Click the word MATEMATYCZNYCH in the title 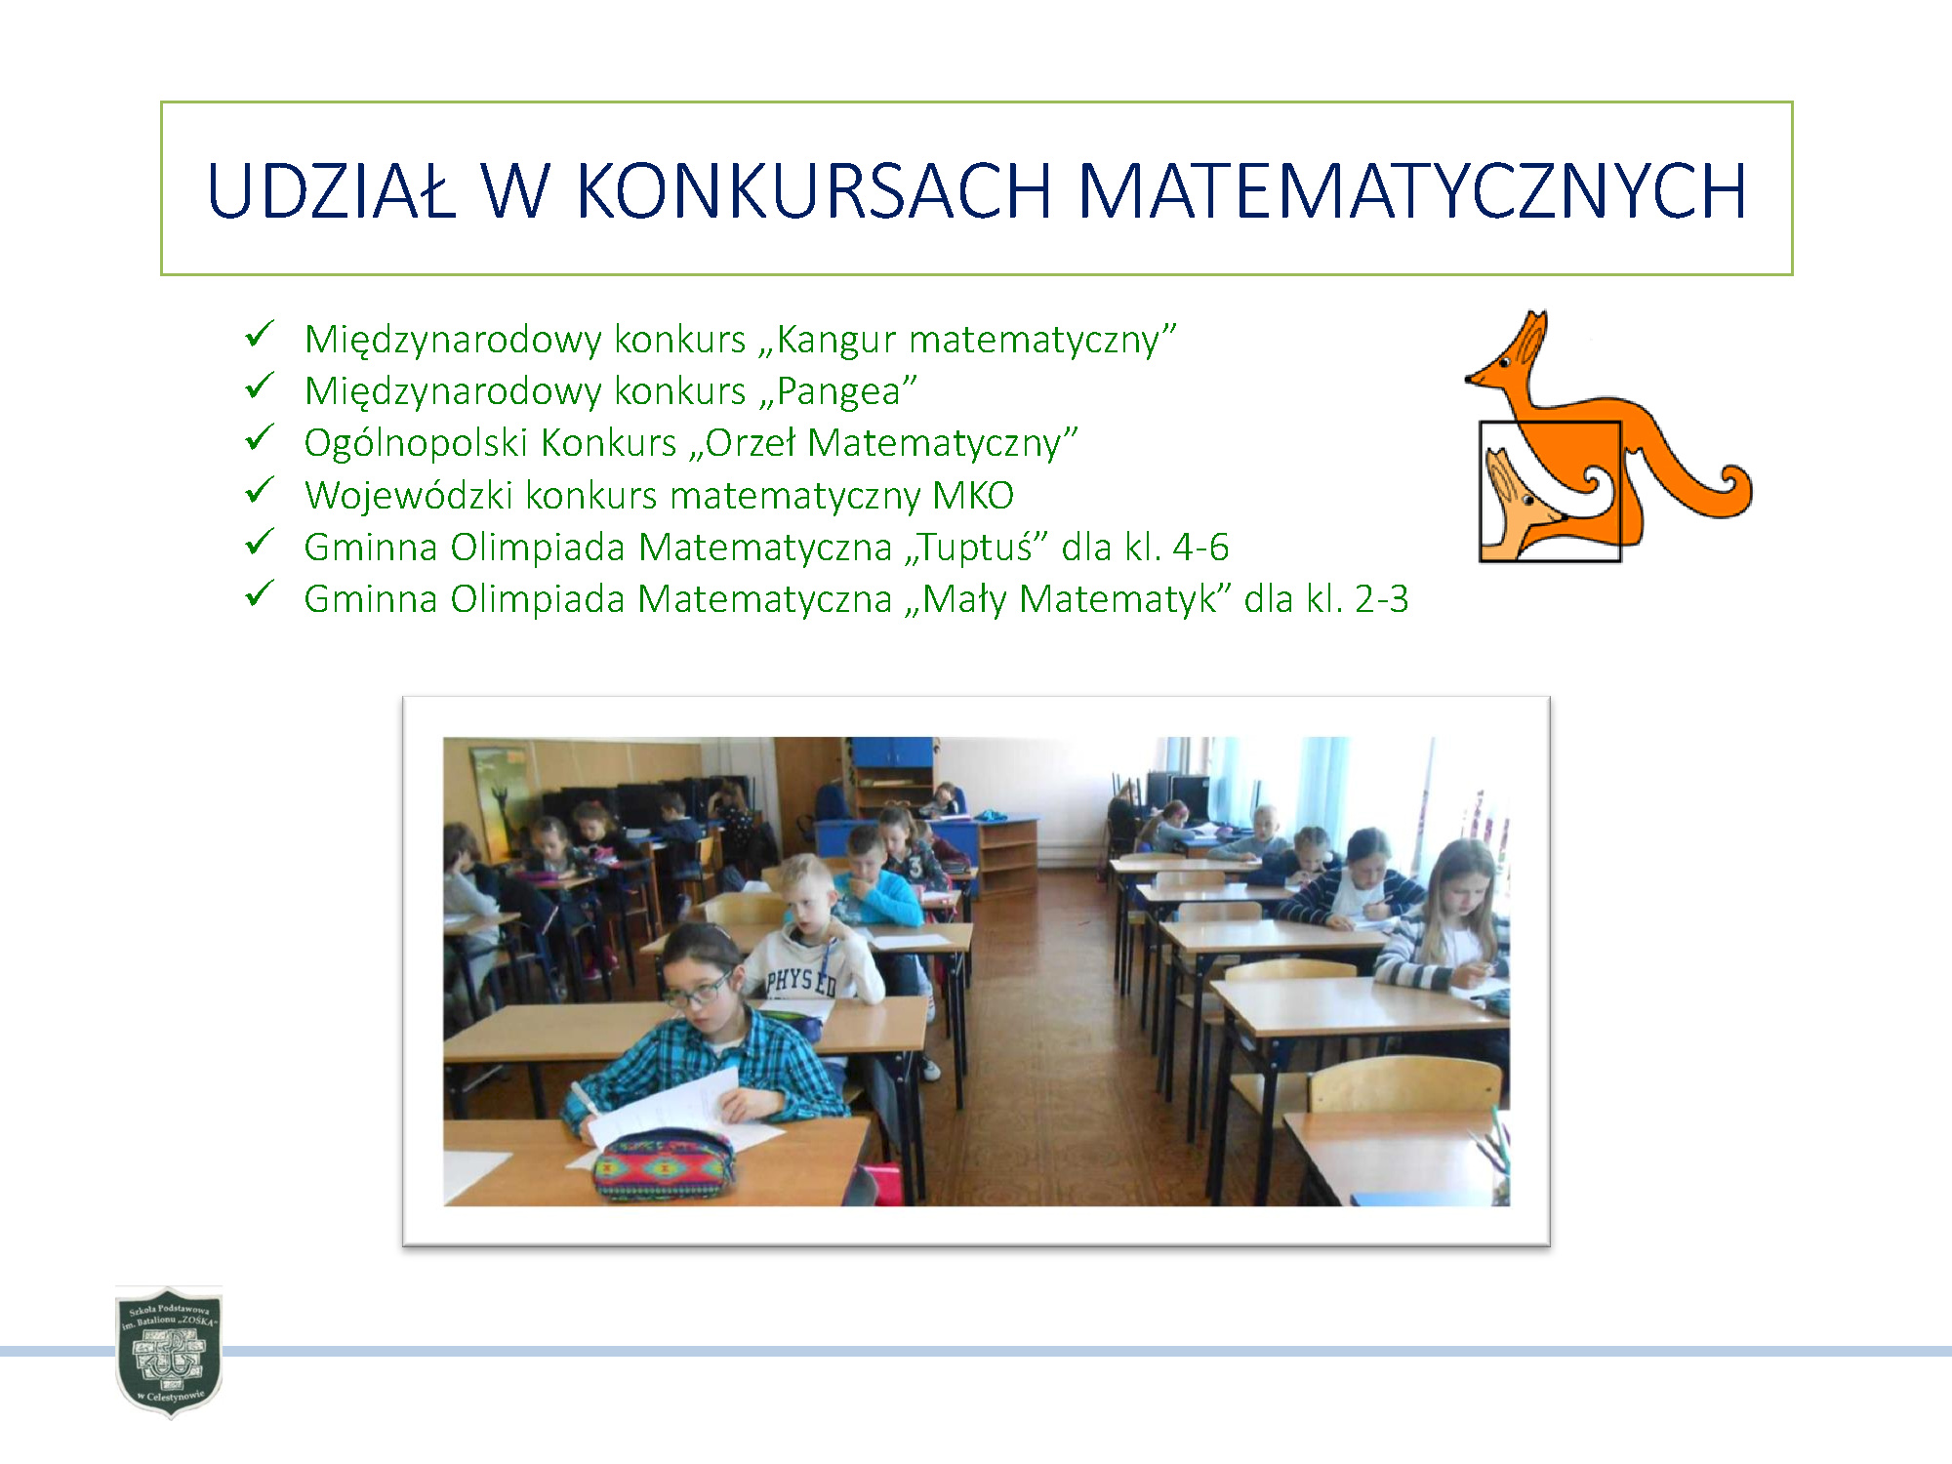point(1412,189)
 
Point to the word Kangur point(836,341)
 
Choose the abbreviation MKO point(973,495)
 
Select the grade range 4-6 point(1200,548)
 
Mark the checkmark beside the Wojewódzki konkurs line point(260,490)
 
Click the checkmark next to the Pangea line point(260,386)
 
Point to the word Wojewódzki point(408,495)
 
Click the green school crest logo point(169,1352)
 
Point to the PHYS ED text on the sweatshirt point(801,981)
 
